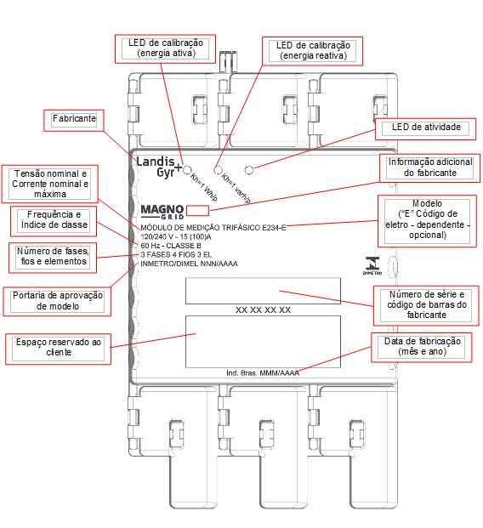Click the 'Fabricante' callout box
click(x=74, y=120)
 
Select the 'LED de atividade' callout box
click(x=425, y=129)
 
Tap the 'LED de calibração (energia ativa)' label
click(x=165, y=48)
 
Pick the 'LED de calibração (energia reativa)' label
click(x=313, y=50)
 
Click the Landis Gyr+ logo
click(x=159, y=167)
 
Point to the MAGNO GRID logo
click(x=162, y=213)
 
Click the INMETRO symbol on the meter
click(x=372, y=266)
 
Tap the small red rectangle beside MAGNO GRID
click(x=197, y=211)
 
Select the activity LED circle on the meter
click(x=249, y=170)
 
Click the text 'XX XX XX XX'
click(x=263, y=309)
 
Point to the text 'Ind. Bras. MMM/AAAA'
click(x=263, y=373)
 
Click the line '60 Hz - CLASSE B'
click(x=171, y=246)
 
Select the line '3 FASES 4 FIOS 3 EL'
click(x=176, y=254)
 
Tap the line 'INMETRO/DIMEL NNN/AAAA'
click(x=189, y=264)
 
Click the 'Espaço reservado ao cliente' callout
click(x=59, y=349)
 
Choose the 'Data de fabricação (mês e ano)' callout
click(x=422, y=348)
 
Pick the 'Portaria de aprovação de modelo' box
click(x=57, y=301)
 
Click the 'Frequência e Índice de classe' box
click(x=54, y=221)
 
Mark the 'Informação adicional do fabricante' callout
click(x=429, y=168)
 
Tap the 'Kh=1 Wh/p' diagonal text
click(x=204, y=188)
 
